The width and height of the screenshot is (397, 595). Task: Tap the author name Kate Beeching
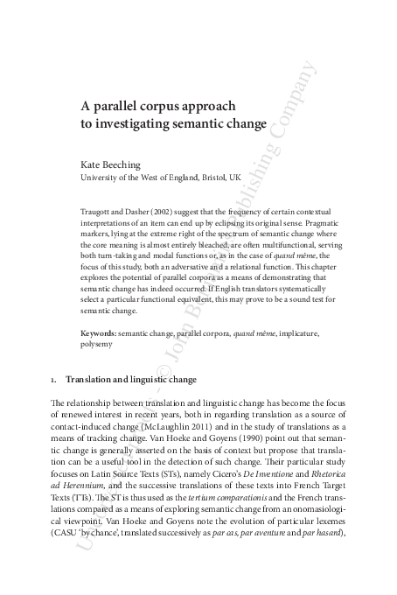[x=109, y=164]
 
